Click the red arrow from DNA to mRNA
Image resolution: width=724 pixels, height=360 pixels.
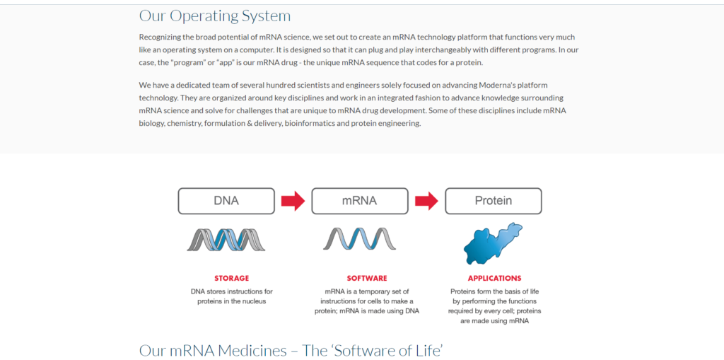point(293,201)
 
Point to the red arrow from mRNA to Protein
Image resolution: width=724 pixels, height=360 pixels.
point(426,201)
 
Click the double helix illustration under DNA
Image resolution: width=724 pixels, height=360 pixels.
point(226,240)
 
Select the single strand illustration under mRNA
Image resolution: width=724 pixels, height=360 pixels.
point(360,239)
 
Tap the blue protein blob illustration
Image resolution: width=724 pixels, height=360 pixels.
point(492,243)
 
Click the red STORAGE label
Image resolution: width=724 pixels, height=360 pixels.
point(231,278)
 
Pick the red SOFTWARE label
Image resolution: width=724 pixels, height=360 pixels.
point(367,278)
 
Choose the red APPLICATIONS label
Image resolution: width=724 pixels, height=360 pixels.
point(494,278)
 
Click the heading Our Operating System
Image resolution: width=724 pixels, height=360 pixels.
point(215,16)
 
